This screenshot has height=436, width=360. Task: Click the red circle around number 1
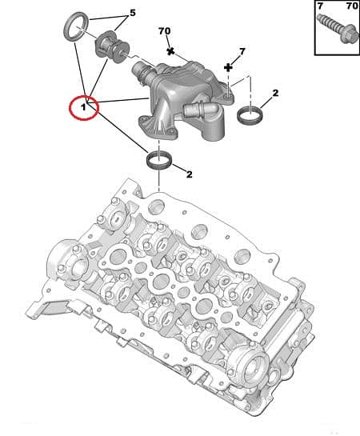83,106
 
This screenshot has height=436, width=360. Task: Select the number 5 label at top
133,13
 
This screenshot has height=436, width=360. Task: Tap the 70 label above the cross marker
165,31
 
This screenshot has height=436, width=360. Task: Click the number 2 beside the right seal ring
274,94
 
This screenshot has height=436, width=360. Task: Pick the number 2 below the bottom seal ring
189,174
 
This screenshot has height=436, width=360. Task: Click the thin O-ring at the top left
74,25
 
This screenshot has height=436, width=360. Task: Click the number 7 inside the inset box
320,7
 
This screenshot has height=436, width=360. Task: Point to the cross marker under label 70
170,50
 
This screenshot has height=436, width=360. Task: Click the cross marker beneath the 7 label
229,68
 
